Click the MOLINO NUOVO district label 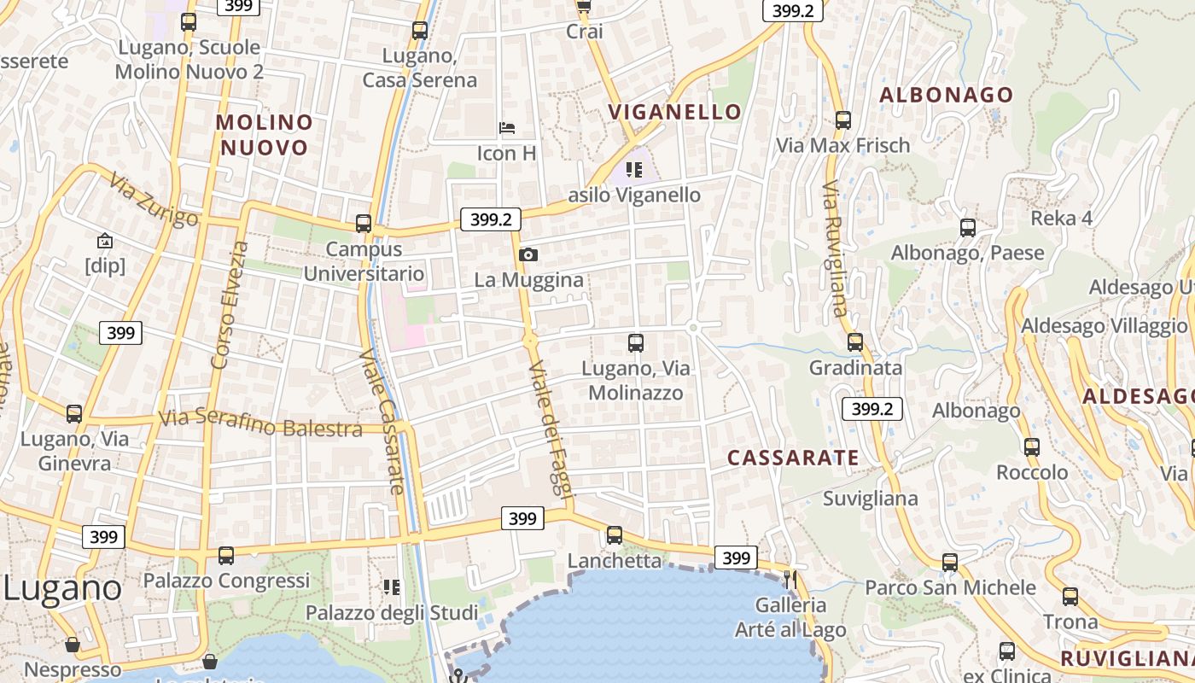tap(264, 135)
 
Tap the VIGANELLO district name tap(674, 112)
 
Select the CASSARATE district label tap(793, 458)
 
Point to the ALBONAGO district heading tap(946, 95)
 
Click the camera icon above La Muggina tap(528, 254)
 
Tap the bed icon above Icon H tap(507, 129)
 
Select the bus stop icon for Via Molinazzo tap(636, 343)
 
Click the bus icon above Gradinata tap(855, 342)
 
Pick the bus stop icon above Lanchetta tap(615, 535)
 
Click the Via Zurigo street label tap(154, 199)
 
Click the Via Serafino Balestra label tap(260, 423)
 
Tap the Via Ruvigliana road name tap(835, 248)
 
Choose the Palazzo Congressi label tap(226, 581)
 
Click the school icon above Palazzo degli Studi tap(392, 587)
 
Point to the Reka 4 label tap(1061, 218)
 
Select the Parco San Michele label tap(950, 587)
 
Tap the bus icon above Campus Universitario tap(364, 224)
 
